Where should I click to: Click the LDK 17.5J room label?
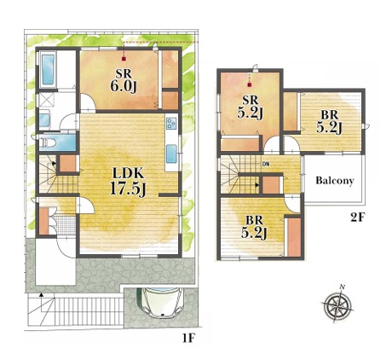(x=128, y=181)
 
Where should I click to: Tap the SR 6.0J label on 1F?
(x=124, y=80)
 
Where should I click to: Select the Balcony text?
(x=335, y=181)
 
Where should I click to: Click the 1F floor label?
(x=188, y=338)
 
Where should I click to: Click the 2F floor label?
(x=357, y=218)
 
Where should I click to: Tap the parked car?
(x=162, y=302)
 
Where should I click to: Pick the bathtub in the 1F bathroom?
(x=48, y=69)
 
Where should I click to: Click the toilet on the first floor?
(x=46, y=142)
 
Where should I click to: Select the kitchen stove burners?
(x=171, y=123)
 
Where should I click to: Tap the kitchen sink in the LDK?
(x=171, y=154)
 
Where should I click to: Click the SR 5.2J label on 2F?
(x=250, y=107)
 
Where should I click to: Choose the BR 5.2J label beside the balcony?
(x=329, y=122)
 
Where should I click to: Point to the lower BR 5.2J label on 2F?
(x=254, y=227)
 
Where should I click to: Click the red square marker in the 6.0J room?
(x=124, y=59)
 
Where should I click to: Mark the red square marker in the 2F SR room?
(x=250, y=84)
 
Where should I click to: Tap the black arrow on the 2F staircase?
(x=256, y=185)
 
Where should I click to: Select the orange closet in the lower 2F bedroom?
(x=294, y=237)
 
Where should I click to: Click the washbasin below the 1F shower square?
(x=44, y=120)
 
